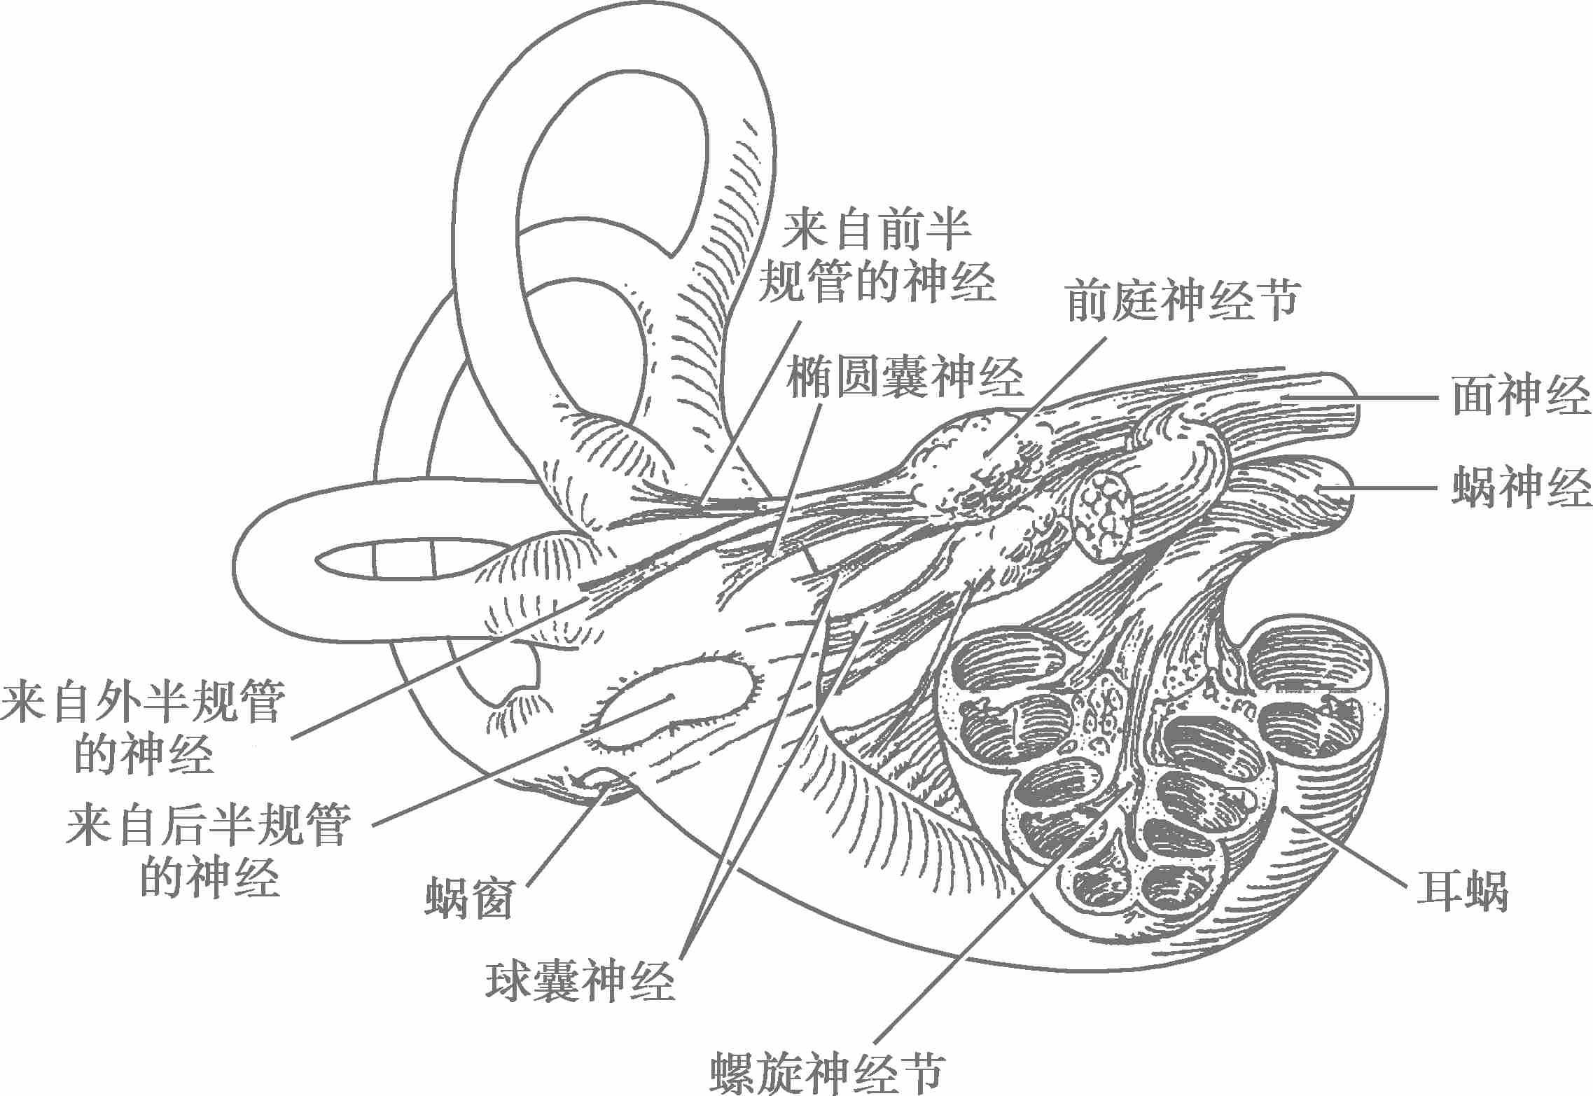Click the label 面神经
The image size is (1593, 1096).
(x=1520, y=396)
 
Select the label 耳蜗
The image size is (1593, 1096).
(x=1462, y=890)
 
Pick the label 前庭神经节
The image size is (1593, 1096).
(x=1183, y=301)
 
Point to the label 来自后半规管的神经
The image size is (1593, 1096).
(x=209, y=852)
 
